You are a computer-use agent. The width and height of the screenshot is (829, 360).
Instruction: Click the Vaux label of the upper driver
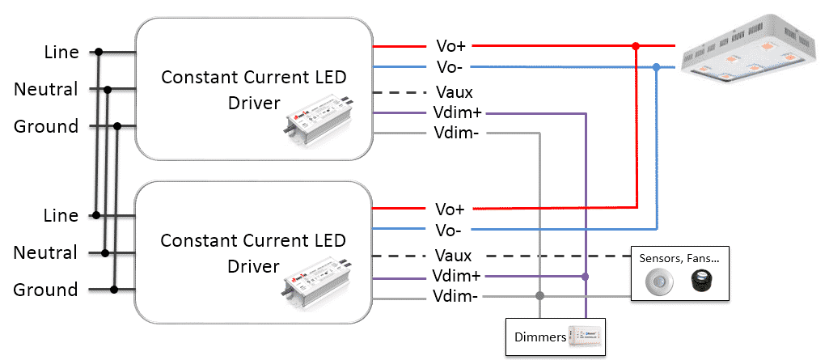[x=455, y=92]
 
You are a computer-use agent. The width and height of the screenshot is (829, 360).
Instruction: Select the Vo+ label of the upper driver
[x=450, y=46]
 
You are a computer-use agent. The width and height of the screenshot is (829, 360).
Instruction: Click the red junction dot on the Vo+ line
[x=636, y=47]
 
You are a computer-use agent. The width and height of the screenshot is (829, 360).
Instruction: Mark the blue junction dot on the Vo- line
[x=657, y=67]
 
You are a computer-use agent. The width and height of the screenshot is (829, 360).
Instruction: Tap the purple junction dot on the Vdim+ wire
[x=586, y=277]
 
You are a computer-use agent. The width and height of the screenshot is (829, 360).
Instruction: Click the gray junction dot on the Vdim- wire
[x=539, y=295]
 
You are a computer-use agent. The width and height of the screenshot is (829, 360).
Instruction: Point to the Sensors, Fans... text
[x=679, y=259]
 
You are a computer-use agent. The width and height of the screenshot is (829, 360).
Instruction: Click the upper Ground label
[x=46, y=127]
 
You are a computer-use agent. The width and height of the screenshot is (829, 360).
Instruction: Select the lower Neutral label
[x=46, y=252]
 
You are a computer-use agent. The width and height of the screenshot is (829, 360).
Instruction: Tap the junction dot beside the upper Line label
[x=99, y=52]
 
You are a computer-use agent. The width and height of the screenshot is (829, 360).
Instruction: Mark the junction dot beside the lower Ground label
[x=114, y=289]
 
